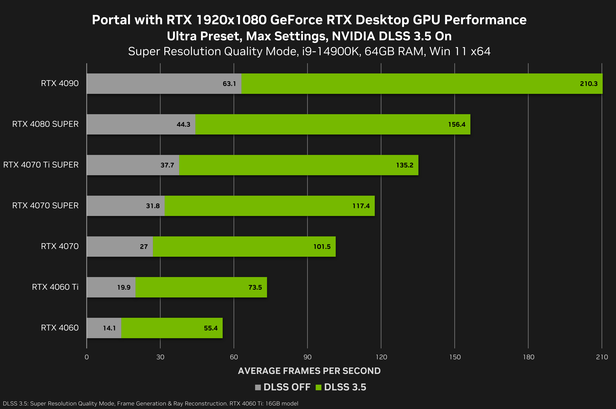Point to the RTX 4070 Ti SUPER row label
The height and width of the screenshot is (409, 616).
41,165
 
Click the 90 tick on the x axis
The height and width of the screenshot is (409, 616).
307,357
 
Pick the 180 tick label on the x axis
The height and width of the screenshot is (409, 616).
528,357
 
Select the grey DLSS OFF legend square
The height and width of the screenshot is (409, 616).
258,387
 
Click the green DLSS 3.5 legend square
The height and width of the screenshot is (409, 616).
318,387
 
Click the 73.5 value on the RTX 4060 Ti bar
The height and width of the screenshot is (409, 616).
255,287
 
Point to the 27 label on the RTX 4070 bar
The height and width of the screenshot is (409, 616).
144,247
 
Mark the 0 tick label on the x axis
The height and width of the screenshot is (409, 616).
87,357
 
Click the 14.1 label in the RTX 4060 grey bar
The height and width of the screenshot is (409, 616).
109,328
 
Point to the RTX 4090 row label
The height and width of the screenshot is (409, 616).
60,83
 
